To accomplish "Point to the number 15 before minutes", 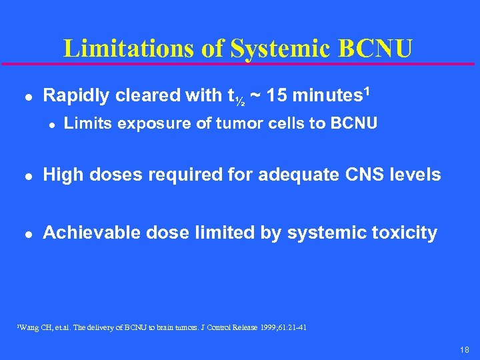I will click(x=280, y=96).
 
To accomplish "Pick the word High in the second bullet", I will click(x=61, y=175).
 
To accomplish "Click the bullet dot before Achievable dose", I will click(x=26, y=233).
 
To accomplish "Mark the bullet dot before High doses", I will click(x=26, y=176).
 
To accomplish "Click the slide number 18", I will click(x=464, y=349).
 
